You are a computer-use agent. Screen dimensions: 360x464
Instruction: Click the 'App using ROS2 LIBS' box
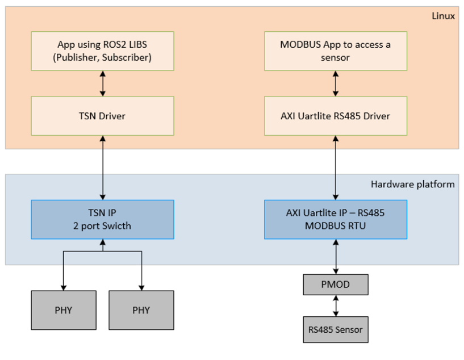(102, 51)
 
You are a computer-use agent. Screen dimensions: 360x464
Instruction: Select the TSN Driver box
(102, 116)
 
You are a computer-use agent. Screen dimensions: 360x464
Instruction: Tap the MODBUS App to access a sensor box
(336, 51)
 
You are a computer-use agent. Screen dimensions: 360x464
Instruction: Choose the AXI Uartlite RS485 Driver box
(336, 116)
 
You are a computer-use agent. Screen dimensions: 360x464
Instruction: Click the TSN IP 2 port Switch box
(102, 219)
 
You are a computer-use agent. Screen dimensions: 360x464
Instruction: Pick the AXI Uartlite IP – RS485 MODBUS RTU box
(336, 219)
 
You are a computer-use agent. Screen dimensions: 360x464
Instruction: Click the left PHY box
(63, 310)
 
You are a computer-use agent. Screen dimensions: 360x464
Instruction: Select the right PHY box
(141, 310)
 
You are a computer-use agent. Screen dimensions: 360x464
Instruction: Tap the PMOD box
(336, 284)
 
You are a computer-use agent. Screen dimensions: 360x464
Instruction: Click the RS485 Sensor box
(336, 329)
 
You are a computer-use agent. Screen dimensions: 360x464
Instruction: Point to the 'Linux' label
(443, 16)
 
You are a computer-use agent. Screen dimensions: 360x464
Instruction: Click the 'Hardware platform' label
(412, 184)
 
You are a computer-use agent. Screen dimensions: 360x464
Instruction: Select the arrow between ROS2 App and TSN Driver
(102, 83)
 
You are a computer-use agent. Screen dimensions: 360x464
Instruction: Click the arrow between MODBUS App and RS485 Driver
(336, 83)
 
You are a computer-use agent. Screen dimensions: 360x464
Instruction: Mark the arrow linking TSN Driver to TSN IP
(102, 168)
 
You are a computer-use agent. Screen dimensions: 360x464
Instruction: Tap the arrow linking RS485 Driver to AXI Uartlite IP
(336, 168)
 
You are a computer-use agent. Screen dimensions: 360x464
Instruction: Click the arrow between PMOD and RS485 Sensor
(336, 305)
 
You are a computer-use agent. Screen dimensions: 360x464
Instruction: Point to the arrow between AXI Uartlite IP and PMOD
(336, 257)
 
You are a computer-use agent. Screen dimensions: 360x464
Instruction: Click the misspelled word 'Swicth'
(118, 225)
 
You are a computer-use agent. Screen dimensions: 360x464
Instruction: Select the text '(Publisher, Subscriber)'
(102, 57)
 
